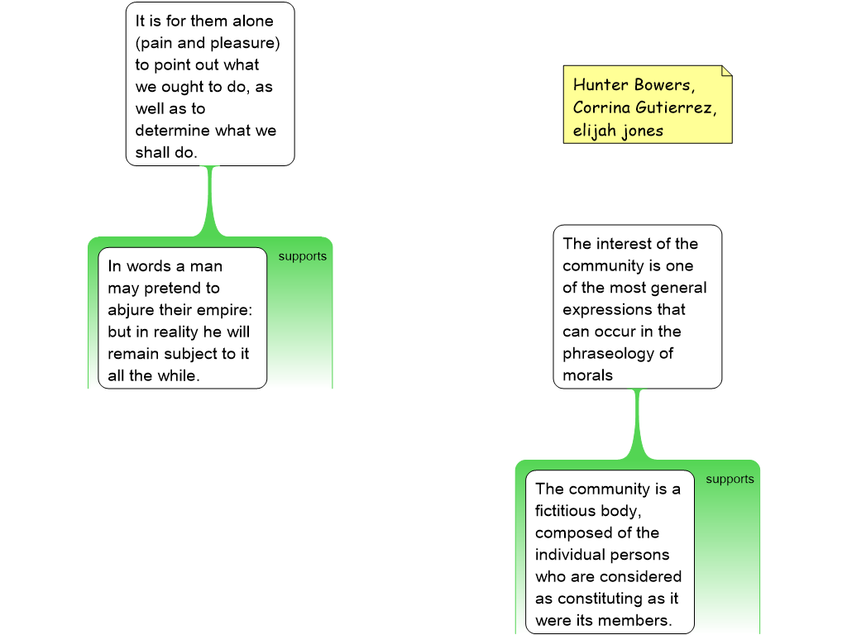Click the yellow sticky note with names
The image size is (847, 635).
[648, 104]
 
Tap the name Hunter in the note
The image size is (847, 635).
[601, 85]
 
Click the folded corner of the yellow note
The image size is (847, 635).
[727, 71]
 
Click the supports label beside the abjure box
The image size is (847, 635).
[303, 256]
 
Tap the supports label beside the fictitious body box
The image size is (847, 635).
[730, 480]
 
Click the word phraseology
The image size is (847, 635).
[608, 354]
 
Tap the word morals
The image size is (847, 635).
[588, 375]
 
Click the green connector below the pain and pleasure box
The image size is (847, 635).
[210, 201]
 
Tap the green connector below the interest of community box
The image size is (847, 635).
[638, 424]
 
